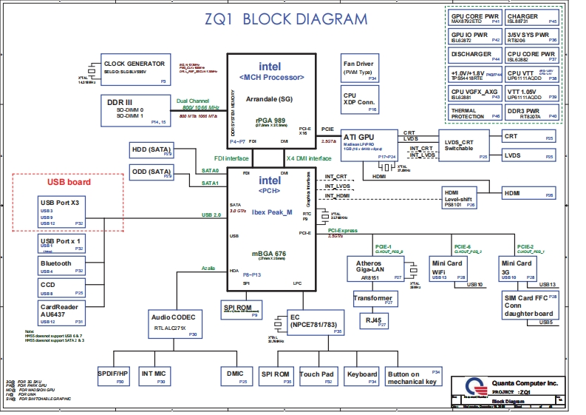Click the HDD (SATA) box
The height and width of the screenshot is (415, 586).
pos(151,152)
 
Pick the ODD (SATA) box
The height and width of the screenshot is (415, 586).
pos(151,173)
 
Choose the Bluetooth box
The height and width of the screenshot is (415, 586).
pos(61,266)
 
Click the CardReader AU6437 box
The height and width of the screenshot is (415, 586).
pos(61,313)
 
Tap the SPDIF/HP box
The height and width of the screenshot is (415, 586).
pos(114,377)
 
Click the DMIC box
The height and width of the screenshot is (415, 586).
pos(236,377)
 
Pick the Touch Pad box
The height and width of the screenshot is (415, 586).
pos(318,377)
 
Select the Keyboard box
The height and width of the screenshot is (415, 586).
pos(362,377)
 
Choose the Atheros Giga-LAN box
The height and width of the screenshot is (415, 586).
pos(374,269)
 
